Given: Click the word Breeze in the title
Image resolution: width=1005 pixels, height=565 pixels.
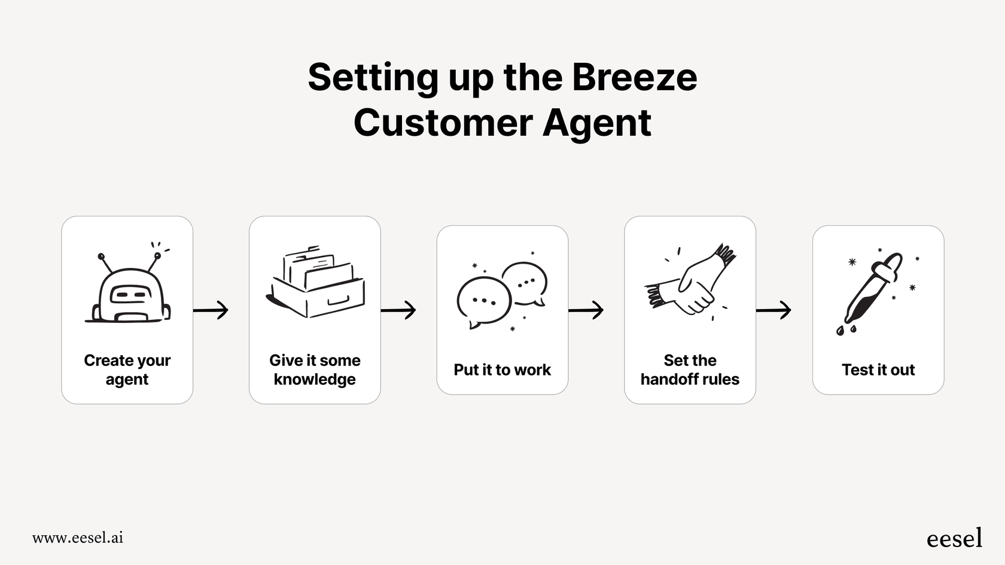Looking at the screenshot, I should (634, 78).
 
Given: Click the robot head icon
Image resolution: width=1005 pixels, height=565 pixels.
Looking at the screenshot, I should (129, 292).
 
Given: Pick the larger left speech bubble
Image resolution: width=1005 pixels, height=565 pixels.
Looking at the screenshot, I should (483, 301).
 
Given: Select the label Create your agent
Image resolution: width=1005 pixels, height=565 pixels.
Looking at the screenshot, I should (127, 369).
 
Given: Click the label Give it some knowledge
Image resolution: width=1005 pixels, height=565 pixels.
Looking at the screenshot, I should (315, 369).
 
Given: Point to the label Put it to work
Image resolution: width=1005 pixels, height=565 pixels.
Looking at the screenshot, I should (502, 370).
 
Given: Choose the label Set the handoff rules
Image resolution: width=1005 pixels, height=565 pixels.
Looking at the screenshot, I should (690, 369).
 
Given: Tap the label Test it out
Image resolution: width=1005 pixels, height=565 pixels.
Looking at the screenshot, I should (878, 370).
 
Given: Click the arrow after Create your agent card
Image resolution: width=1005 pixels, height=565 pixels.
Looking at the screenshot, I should (211, 310).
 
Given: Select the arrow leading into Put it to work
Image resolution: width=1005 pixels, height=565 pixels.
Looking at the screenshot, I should (399, 310).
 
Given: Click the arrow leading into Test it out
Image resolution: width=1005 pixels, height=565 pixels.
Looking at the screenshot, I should (774, 310).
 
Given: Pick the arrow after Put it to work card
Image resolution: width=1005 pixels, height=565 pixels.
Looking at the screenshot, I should (586, 310).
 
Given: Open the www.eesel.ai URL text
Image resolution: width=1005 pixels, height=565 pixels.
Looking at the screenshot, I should (78, 537).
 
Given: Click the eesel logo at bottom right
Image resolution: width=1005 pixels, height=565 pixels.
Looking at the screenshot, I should (954, 538).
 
